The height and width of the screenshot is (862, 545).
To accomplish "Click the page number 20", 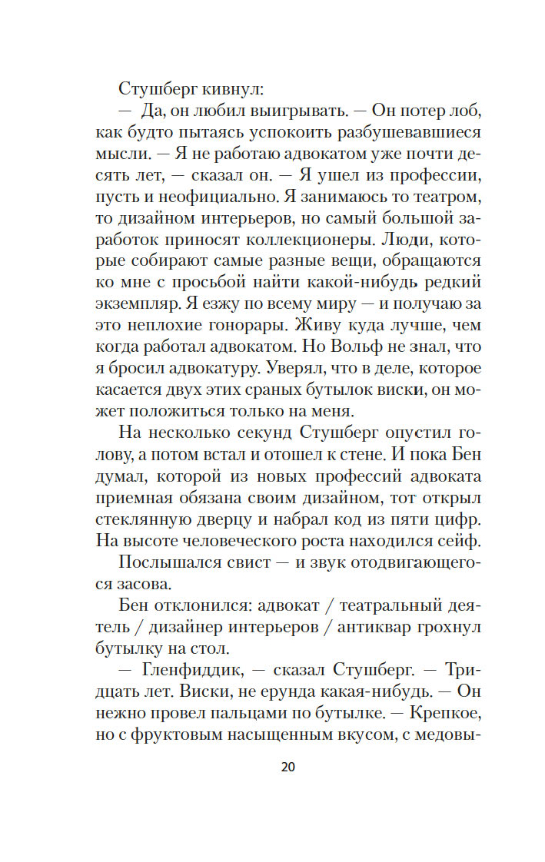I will [288, 766].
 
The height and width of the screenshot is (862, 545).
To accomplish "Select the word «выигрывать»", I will [254, 110].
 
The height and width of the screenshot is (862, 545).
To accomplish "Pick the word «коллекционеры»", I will [284, 238].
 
